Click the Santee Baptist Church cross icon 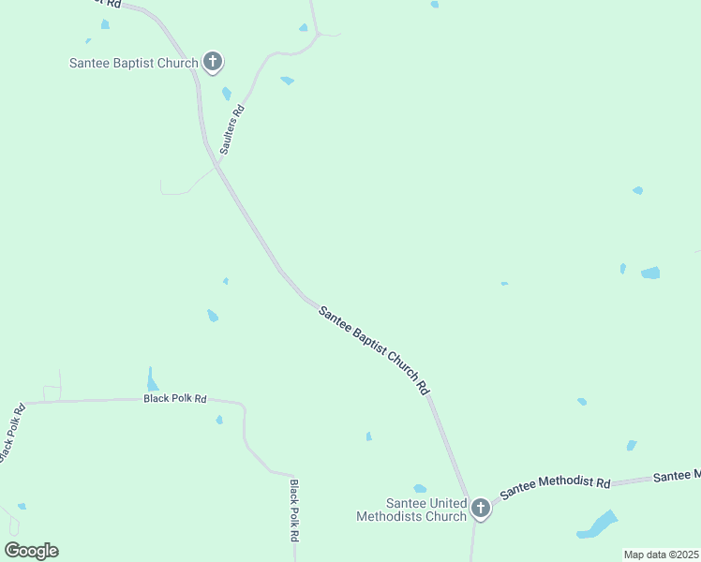click(x=213, y=63)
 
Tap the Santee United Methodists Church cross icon click(x=480, y=508)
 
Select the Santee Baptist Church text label click(x=134, y=64)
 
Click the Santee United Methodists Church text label click(x=412, y=510)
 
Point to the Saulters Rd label click(x=231, y=129)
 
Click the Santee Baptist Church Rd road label click(x=375, y=348)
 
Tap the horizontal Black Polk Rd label click(x=175, y=398)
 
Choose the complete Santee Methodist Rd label click(x=555, y=487)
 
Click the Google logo click(x=31, y=551)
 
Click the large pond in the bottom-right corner click(x=597, y=525)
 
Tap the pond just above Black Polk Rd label click(x=152, y=379)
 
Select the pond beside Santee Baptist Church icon click(x=226, y=93)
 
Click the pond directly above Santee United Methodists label click(x=420, y=488)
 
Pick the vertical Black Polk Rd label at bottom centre click(x=294, y=511)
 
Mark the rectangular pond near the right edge click(x=649, y=273)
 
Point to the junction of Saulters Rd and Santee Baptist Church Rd click(x=217, y=166)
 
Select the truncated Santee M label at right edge click(x=677, y=476)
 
